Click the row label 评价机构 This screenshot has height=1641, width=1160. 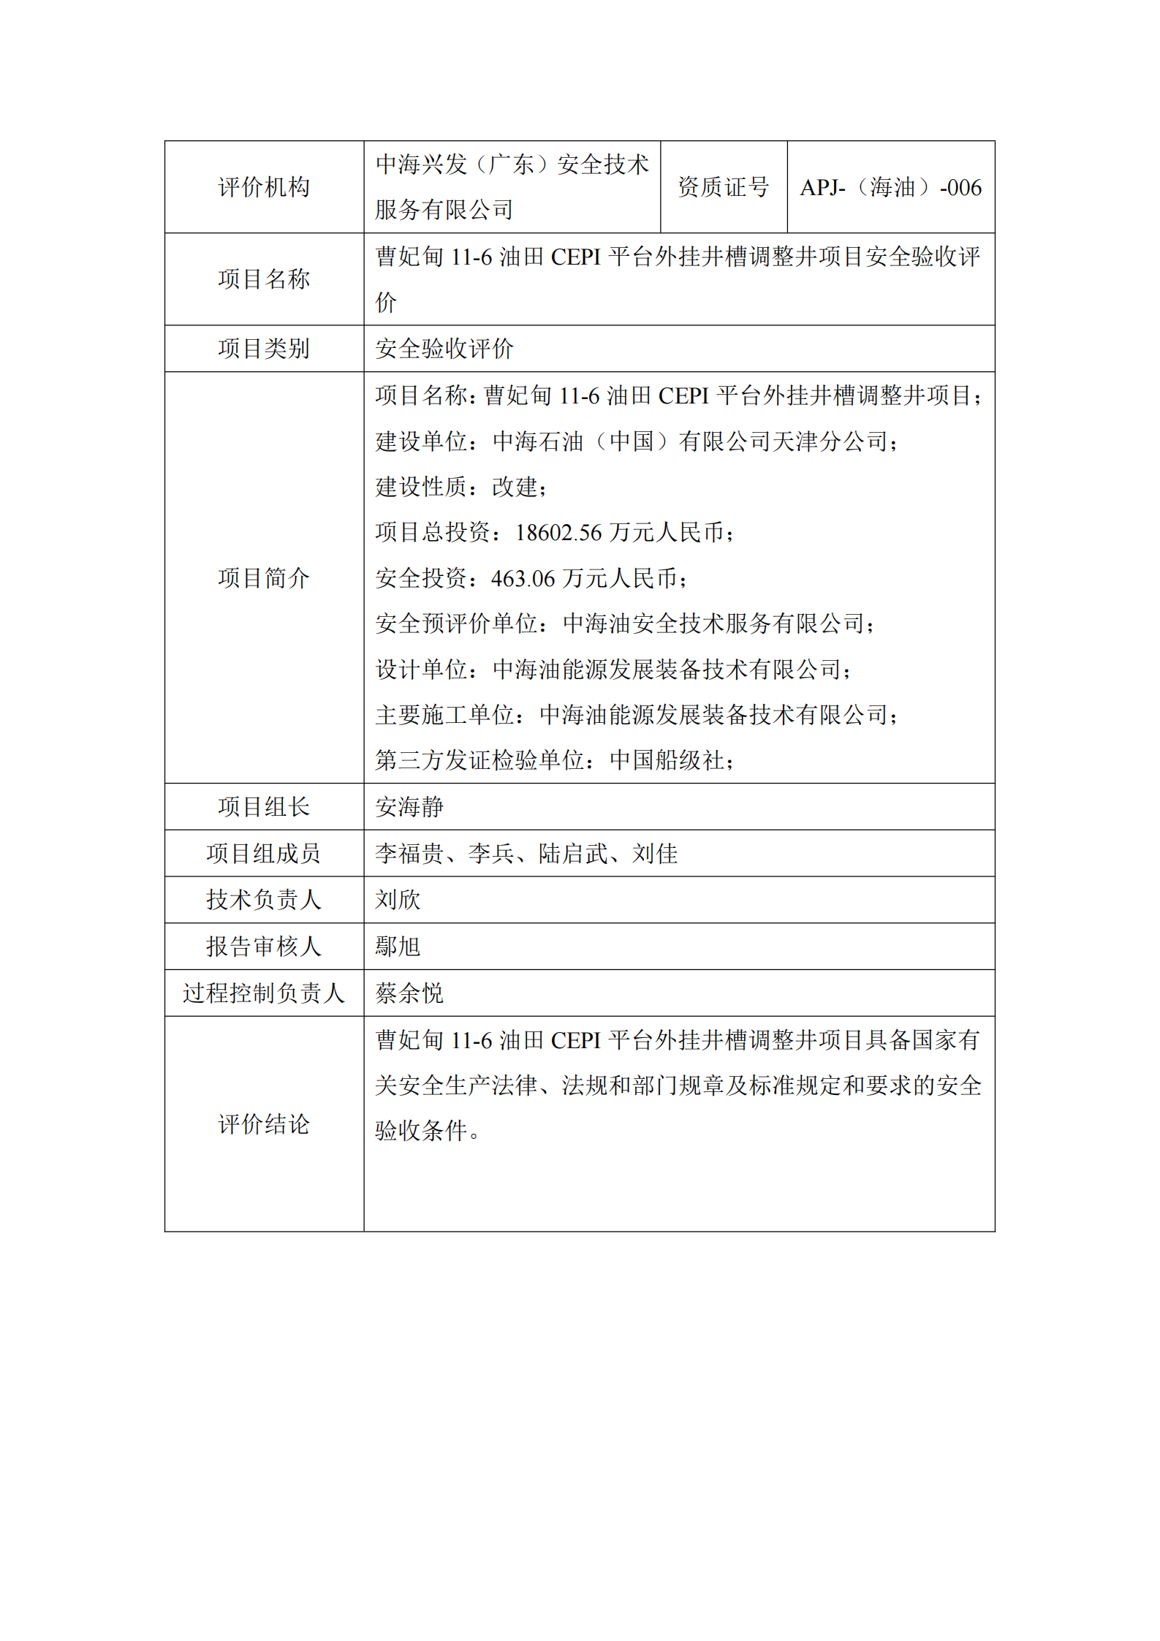pos(263,187)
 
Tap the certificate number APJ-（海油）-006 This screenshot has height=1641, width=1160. pos(890,188)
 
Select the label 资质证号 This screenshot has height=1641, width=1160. pos(723,187)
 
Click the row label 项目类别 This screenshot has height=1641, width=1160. pos(263,349)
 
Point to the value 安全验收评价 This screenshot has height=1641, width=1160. pos(444,349)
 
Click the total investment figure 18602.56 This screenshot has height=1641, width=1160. pos(558,533)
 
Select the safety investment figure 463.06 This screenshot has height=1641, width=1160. pos(523,579)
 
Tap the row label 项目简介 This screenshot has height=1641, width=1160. pos(263,578)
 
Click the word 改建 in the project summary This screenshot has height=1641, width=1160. pos(515,487)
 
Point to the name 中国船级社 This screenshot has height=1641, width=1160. pos(667,761)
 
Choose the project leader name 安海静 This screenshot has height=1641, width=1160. pos(409,807)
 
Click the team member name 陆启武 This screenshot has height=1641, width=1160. pos(573,854)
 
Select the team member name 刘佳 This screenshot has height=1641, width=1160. pos(655,854)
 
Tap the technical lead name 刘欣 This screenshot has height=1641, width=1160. pos(398,900)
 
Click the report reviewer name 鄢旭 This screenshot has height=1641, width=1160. pos(398,947)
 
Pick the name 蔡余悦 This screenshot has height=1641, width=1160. pos(409,993)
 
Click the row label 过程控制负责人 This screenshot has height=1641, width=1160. pos(263,993)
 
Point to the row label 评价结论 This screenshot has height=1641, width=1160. pos(263,1124)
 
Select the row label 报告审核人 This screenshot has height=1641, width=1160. pos(263,947)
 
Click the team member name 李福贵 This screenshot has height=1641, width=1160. pos(409,854)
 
